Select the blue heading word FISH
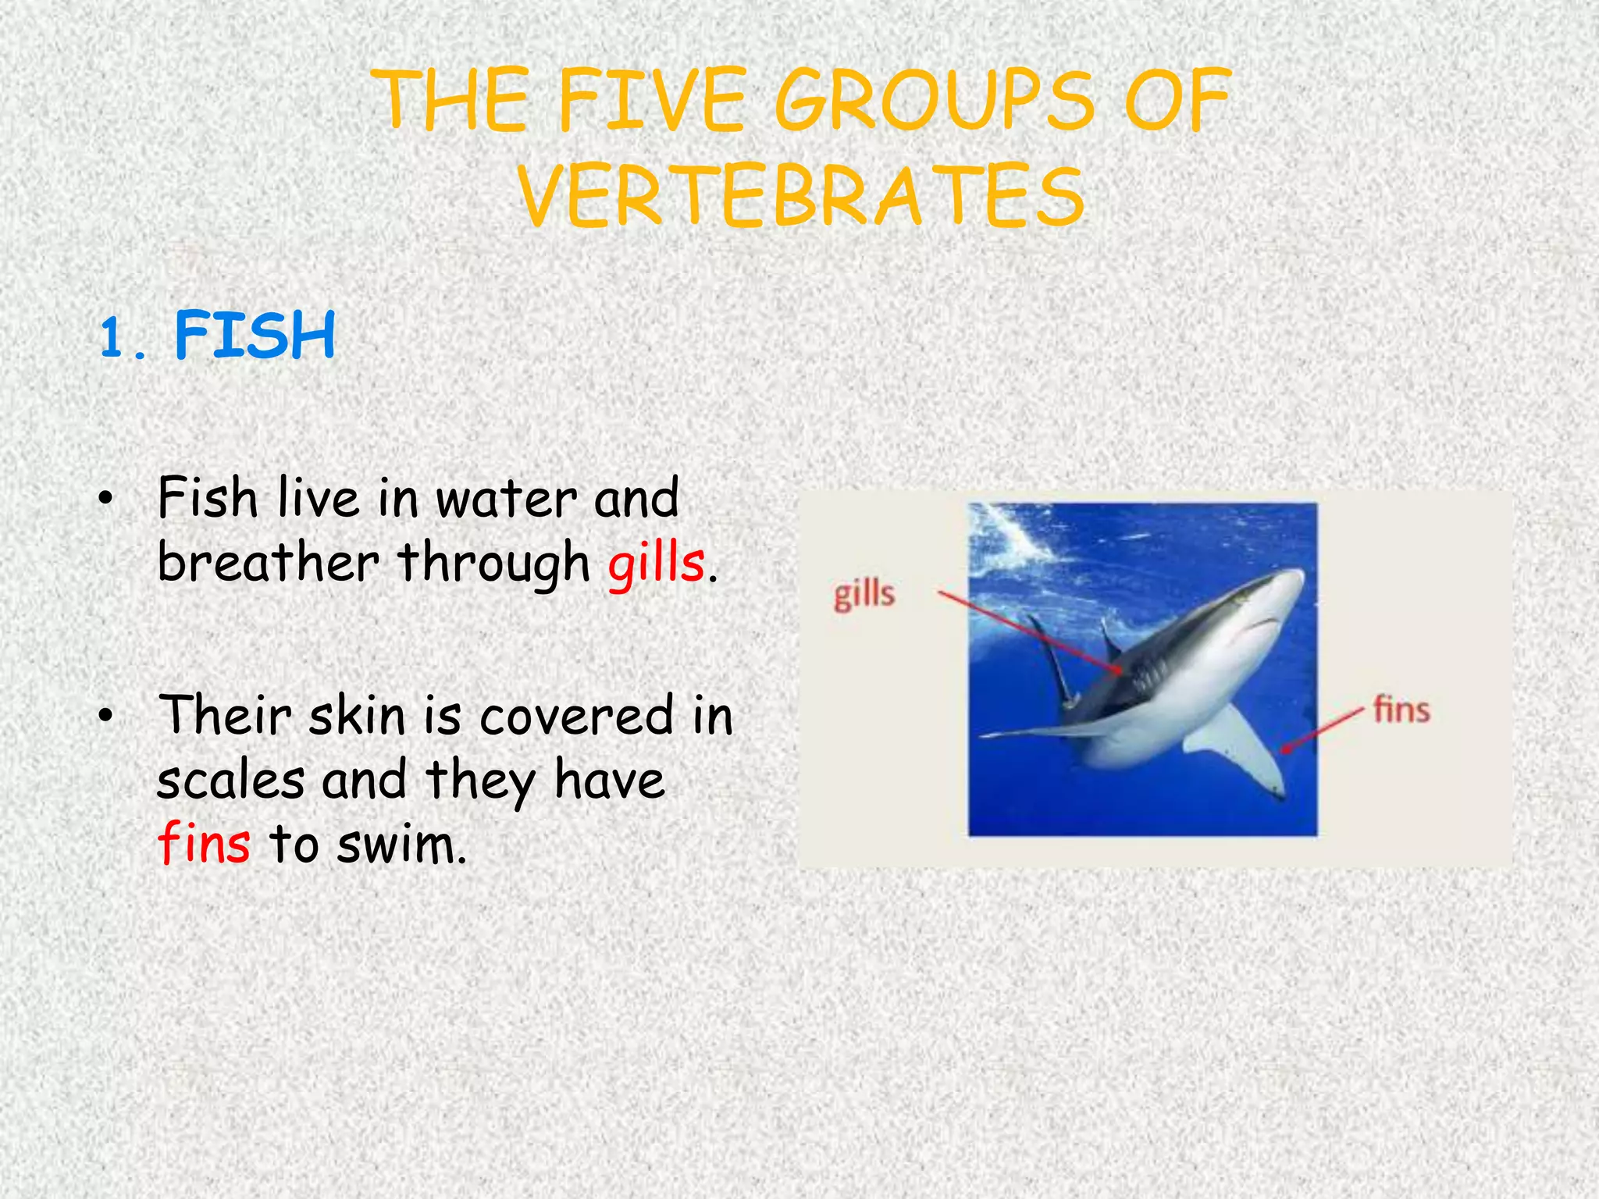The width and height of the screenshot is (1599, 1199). tap(255, 335)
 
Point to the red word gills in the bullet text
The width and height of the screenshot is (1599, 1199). tap(656, 564)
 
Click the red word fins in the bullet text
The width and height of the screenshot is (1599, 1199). tap(204, 843)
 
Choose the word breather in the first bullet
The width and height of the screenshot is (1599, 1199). tap(268, 562)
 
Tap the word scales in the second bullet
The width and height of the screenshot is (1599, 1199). tap(230, 780)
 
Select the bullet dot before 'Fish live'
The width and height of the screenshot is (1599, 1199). tap(107, 500)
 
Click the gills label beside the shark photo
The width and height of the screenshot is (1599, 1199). tap(864, 596)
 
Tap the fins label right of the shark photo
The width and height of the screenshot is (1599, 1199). tap(1401, 710)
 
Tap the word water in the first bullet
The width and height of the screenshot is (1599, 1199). tap(507, 499)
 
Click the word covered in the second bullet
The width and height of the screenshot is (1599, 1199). tap(575, 716)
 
